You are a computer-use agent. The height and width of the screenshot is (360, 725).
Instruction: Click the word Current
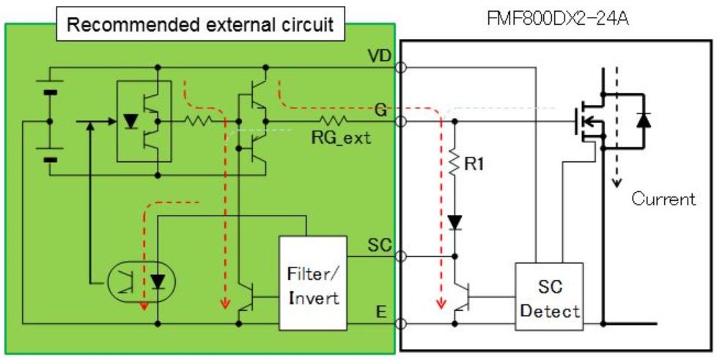tap(663, 199)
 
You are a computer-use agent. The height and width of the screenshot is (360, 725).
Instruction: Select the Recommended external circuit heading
tap(200, 25)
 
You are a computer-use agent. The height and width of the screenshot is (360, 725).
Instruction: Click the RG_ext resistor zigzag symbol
tap(331, 120)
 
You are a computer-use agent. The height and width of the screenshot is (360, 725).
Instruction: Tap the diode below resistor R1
tap(454, 220)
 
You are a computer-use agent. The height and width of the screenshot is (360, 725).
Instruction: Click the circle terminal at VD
tap(400, 68)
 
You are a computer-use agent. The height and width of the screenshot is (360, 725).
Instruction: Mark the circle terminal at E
tap(400, 323)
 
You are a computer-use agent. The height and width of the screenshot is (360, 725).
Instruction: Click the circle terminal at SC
tap(400, 257)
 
